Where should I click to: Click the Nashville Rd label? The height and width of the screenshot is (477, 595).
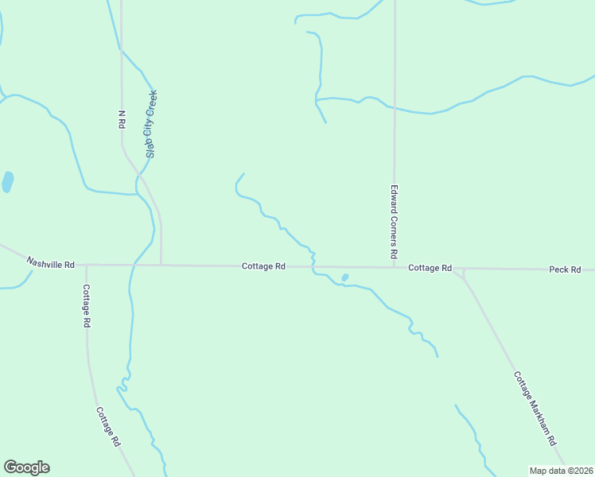click(x=50, y=262)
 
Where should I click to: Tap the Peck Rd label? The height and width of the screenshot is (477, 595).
click(x=565, y=270)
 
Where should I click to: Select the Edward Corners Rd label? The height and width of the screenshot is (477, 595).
click(x=394, y=223)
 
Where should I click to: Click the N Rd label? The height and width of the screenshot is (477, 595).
click(x=122, y=119)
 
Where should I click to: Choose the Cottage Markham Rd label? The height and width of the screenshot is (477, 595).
click(x=534, y=409)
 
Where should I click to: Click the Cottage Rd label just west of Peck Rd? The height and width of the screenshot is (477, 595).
click(x=430, y=269)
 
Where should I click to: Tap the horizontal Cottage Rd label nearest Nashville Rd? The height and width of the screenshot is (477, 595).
click(x=263, y=266)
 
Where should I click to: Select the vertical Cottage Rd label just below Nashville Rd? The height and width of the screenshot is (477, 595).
click(x=86, y=306)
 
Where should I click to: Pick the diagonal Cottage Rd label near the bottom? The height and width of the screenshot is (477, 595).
click(x=108, y=426)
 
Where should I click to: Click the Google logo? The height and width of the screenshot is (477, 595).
click(x=26, y=467)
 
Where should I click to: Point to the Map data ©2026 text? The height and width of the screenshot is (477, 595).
click(x=561, y=470)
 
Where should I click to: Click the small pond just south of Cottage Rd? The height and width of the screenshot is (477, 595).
click(x=344, y=277)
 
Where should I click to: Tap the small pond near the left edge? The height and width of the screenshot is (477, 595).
click(x=7, y=182)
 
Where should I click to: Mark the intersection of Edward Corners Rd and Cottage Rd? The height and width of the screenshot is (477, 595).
click(x=395, y=268)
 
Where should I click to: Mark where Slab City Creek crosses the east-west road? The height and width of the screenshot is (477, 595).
click(x=133, y=265)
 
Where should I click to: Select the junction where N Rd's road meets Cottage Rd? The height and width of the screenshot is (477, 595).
click(x=161, y=265)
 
